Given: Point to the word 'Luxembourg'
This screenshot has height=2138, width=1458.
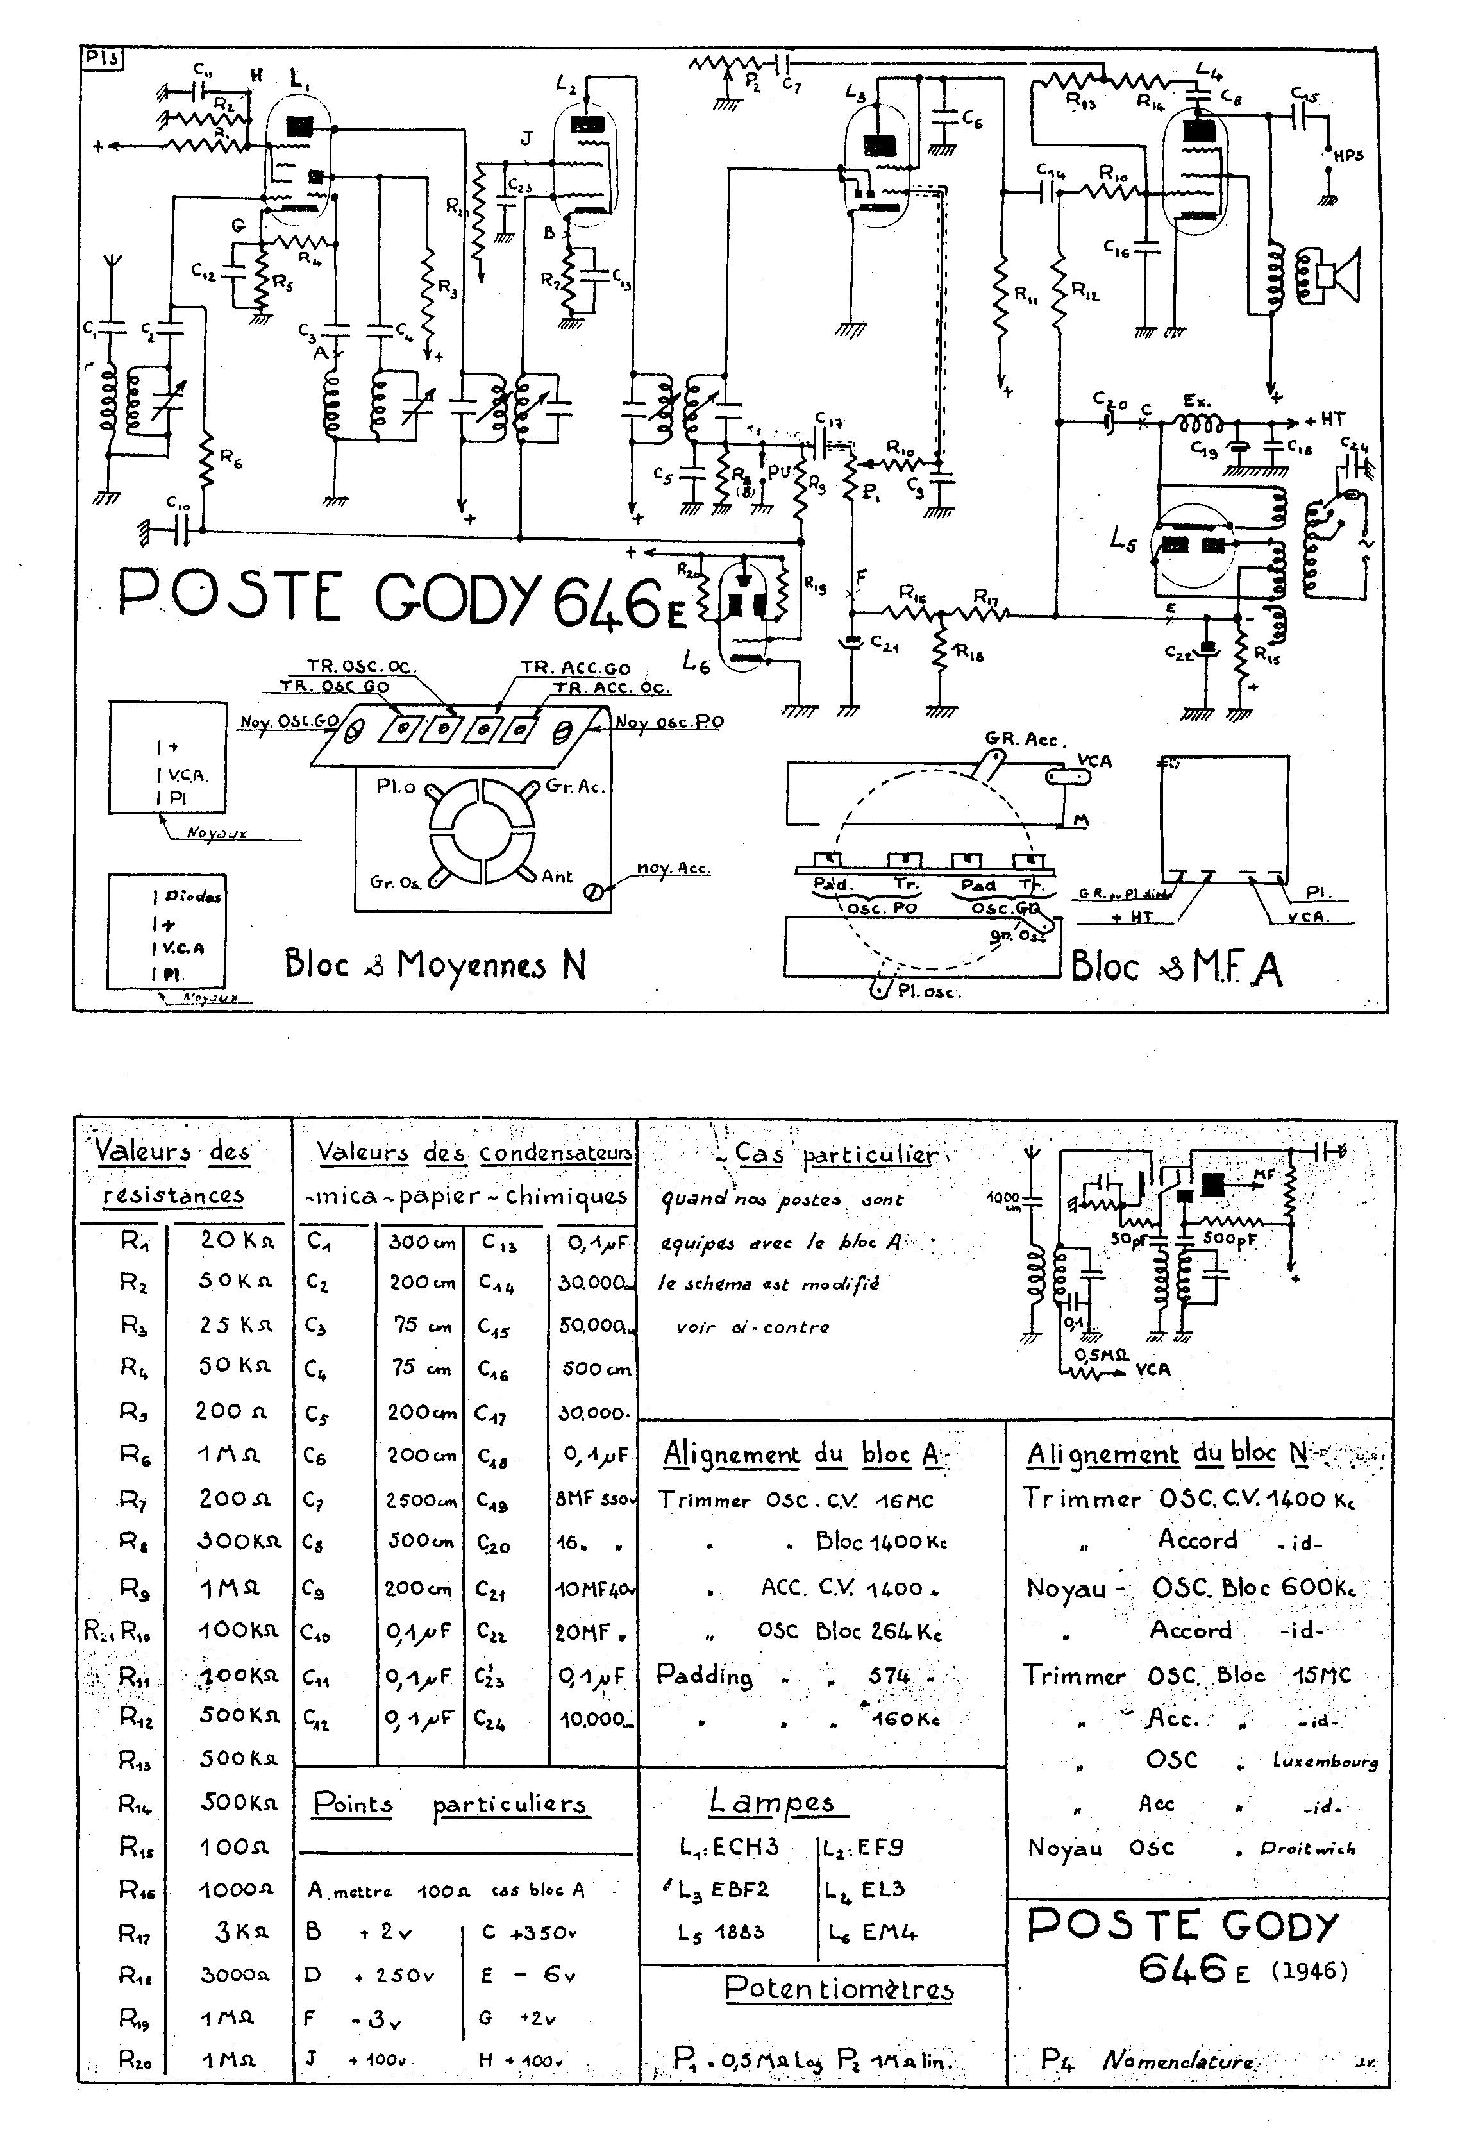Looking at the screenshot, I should pos(1325,1761).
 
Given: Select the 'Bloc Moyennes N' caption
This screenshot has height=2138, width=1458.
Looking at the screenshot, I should pos(435,965).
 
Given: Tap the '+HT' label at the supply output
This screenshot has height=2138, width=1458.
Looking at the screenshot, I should pos(1324,419).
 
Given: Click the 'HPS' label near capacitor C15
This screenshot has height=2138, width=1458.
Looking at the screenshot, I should pos(1348,156).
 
